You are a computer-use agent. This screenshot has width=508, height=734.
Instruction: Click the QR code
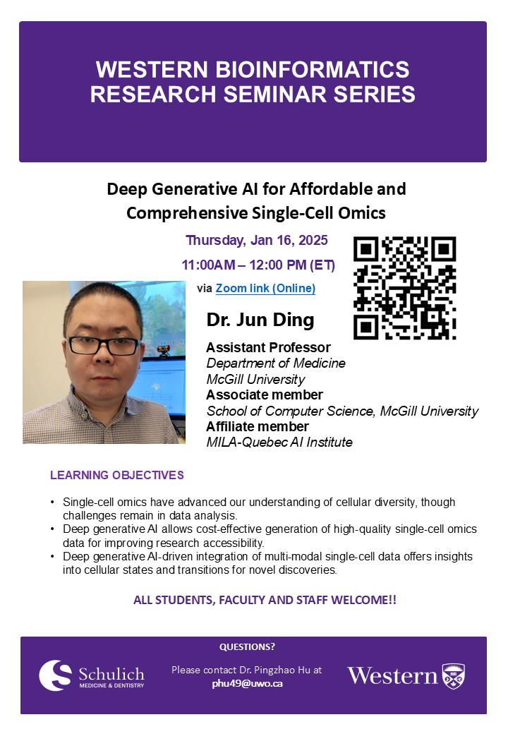[404, 288]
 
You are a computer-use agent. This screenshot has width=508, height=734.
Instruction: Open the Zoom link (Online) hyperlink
[265, 289]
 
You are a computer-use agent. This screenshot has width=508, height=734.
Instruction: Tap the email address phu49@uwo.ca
[247, 683]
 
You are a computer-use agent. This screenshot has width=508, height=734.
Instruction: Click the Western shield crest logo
[454, 676]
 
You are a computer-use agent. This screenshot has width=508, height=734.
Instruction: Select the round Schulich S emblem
[55, 675]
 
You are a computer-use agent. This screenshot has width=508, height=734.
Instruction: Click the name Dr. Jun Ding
[260, 320]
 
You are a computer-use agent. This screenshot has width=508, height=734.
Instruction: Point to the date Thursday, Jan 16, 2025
[257, 240]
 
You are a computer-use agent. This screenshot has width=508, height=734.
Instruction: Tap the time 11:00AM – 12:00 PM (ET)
[258, 265]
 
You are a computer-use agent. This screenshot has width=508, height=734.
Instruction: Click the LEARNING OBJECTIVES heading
[117, 475]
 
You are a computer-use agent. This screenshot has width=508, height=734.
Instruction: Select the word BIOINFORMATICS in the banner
[312, 69]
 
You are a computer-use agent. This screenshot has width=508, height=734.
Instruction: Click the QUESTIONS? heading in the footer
[247, 647]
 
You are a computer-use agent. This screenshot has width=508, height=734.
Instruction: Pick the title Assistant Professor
[268, 347]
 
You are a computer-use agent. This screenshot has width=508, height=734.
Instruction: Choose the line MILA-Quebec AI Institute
[279, 442]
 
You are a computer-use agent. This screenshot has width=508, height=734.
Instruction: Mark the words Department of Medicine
[276, 363]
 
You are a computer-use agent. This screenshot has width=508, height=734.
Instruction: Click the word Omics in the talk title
[362, 213]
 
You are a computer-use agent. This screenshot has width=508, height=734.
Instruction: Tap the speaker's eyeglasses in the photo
[104, 345]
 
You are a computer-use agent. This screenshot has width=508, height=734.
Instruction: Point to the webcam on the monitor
[163, 349]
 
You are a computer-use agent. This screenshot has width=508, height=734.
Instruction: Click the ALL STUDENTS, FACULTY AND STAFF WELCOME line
[265, 600]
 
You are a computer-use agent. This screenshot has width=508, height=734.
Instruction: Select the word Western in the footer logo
[392, 676]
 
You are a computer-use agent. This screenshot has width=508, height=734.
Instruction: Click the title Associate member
[265, 395]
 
